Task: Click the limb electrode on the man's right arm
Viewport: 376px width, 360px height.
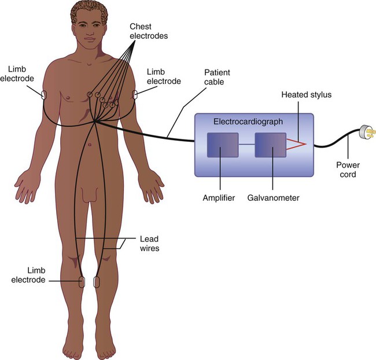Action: tap(43, 93)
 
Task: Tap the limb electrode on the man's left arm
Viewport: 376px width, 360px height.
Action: tap(136, 94)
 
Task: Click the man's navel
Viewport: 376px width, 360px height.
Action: tap(89, 144)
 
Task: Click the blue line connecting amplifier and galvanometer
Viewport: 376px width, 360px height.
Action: tap(247, 144)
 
